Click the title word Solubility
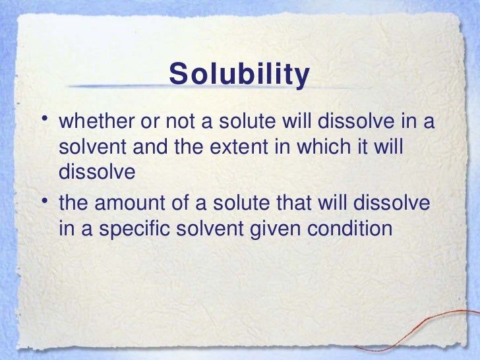click(x=239, y=75)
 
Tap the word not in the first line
click(x=193, y=123)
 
